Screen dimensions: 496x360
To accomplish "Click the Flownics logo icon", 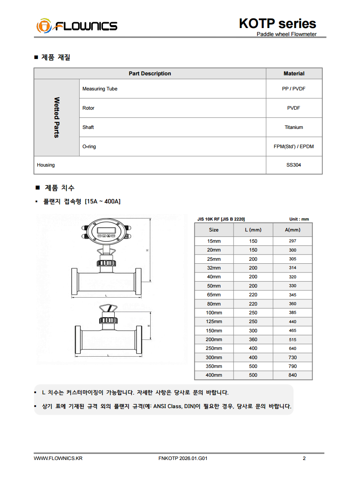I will [44, 26].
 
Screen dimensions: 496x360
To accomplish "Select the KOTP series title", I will [277, 23].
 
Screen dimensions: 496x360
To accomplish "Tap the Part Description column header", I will [150, 74].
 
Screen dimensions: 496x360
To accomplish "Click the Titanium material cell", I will [294, 127].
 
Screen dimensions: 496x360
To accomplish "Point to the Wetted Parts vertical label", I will [57, 118].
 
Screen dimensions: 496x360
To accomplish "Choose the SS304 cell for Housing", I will [294, 165].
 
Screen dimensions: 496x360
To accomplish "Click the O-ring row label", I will [89, 146].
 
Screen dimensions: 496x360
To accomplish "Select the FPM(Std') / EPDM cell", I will [294, 146].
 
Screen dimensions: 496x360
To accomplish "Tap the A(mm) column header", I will [293, 230].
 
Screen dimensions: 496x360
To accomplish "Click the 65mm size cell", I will [213, 295].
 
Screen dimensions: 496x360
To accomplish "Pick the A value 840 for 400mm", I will [293, 375].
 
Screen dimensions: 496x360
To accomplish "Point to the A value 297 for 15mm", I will [293, 241].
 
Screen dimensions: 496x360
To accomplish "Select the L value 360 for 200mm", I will [253, 339].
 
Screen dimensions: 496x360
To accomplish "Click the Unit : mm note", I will [299, 219].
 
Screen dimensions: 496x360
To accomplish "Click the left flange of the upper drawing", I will [75, 283].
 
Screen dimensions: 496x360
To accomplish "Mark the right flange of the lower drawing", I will [138, 339].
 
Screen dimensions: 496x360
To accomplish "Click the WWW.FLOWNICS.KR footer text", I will [58, 458].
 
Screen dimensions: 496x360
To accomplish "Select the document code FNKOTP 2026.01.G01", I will [183, 458].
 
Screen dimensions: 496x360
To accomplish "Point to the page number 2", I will [304, 458].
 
